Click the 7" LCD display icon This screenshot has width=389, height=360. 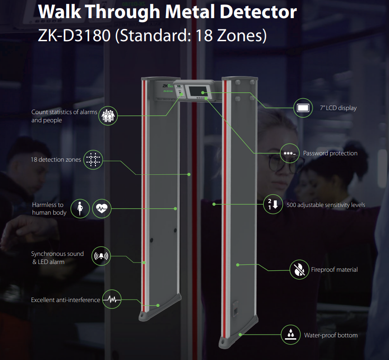coord(303,108)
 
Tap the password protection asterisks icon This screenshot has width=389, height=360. coord(290,154)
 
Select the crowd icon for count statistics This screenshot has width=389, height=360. coord(108,116)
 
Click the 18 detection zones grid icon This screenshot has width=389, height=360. coord(93,160)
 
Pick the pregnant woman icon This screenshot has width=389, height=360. coord(80,209)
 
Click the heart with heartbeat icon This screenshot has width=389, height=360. coord(102,209)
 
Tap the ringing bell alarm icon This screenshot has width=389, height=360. coord(101,256)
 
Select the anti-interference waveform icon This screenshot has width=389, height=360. coord(112,299)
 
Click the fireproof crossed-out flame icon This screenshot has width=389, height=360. coord(299,269)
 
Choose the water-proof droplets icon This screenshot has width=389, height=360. coord(291,335)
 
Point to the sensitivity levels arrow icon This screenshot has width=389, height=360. coord(273,204)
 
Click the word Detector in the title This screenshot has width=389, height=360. coord(258,12)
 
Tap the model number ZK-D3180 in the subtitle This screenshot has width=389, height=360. coord(74,35)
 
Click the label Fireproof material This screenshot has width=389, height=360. coord(334,269)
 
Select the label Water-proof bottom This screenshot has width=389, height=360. coord(331,335)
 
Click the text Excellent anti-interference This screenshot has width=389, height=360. coord(66,300)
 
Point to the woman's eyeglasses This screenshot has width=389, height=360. coord(285,164)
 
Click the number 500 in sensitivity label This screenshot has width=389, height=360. coord(291,205)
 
